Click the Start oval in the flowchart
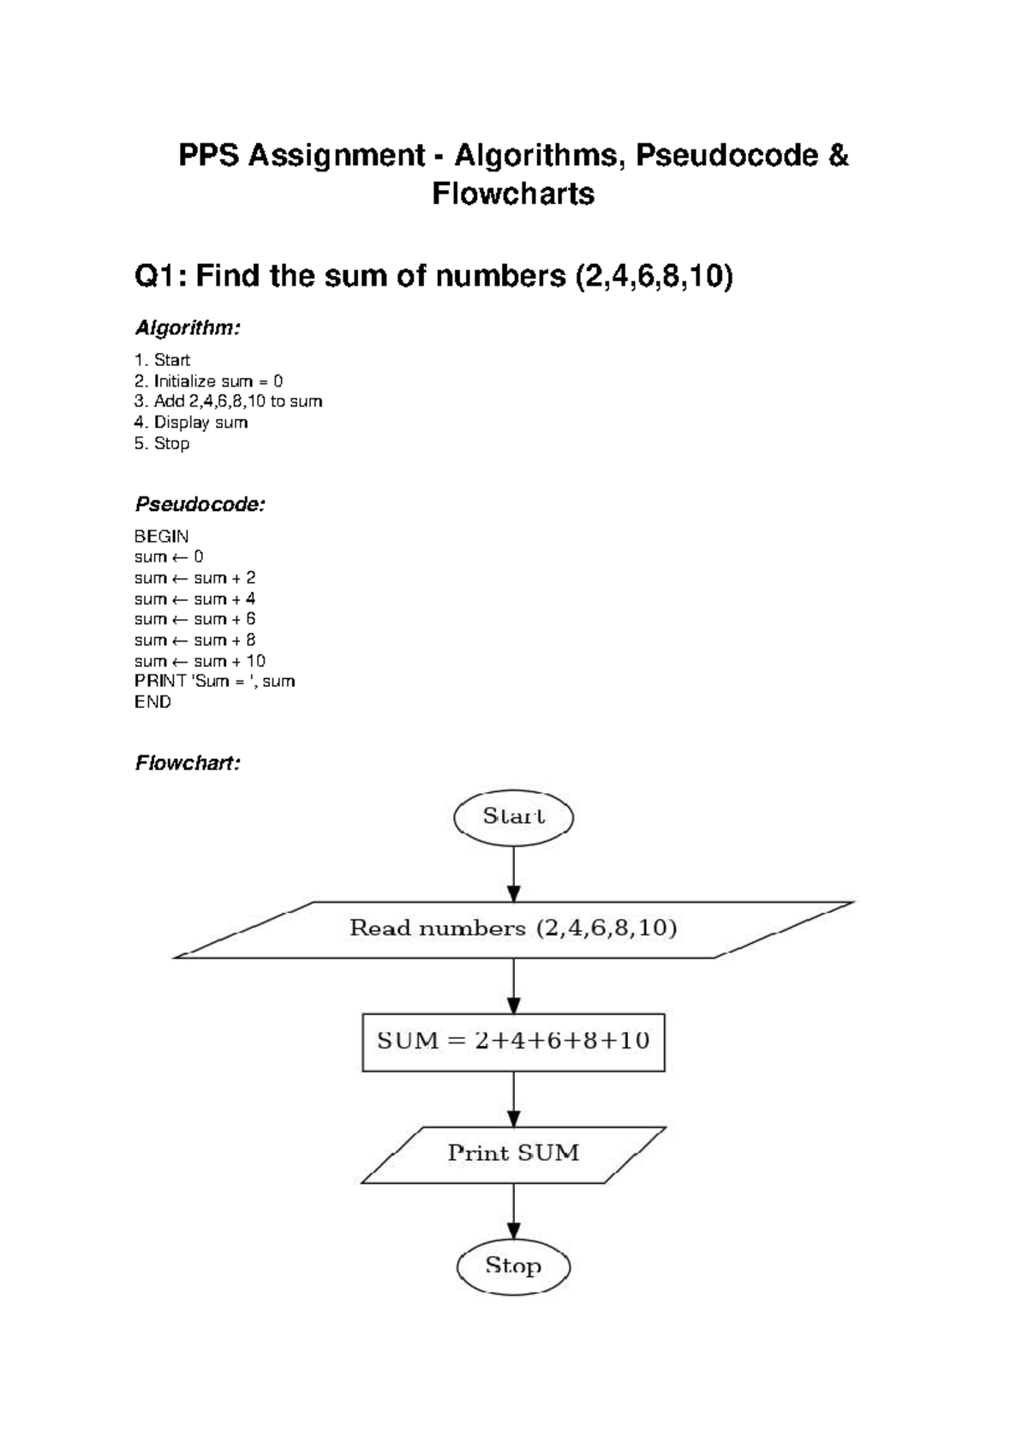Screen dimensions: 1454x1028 (513, 816)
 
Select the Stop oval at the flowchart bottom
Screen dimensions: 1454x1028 (513, 1265)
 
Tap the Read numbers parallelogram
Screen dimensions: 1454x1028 (513, 928)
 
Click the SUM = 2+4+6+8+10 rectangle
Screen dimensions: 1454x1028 (513, 1042)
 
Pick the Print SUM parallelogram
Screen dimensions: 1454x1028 (513, 1154)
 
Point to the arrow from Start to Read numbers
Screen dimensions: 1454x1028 (513, 873)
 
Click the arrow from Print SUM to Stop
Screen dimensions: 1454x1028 (513, 1211)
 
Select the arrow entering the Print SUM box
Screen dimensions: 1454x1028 (513, 1098)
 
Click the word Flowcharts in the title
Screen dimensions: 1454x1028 (513, 195)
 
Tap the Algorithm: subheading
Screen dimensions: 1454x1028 (188, 327)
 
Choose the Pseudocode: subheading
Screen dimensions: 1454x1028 (200, 504)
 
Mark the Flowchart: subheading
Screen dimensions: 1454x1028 (188, 763)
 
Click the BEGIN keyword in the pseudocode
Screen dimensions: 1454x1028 (161, 537)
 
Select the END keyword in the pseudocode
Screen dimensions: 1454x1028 (152, 702)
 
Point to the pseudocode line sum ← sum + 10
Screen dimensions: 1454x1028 (200, 661)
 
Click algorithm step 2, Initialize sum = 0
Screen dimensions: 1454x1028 (208, 381)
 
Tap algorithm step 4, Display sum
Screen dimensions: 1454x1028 (191, 423)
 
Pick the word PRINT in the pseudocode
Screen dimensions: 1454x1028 (160, 682)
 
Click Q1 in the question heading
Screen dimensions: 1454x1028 (160, 277)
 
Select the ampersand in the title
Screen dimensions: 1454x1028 (838, 156)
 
